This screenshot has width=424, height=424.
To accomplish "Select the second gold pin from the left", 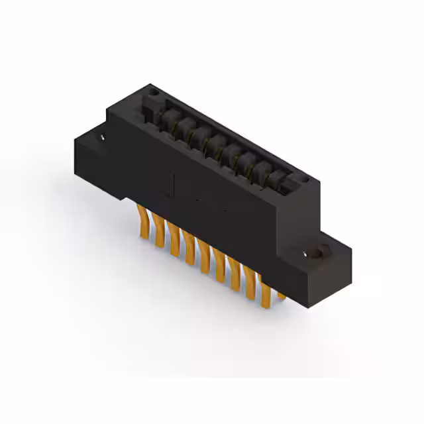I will (158, 232).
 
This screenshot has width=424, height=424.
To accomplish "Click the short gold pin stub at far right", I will (281, 294).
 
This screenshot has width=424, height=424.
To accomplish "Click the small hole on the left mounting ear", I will (103, 137).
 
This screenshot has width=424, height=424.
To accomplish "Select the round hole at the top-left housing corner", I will (152, 94).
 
